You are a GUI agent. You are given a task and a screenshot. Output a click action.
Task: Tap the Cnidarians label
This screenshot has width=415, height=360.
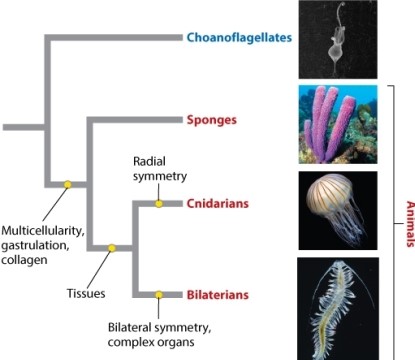point(217,204)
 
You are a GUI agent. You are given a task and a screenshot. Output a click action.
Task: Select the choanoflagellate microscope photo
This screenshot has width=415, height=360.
point(338,40)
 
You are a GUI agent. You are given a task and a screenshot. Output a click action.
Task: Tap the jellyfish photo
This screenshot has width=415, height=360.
point(338,209)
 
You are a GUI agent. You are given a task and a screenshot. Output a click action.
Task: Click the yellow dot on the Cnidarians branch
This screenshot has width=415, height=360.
point(158,204)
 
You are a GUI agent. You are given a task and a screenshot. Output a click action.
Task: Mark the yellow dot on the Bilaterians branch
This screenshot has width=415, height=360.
point(158,295)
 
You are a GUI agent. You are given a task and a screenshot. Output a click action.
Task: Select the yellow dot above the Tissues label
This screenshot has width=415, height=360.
point(112,248)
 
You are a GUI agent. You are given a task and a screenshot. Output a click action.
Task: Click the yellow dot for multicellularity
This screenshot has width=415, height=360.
point(67,184)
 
